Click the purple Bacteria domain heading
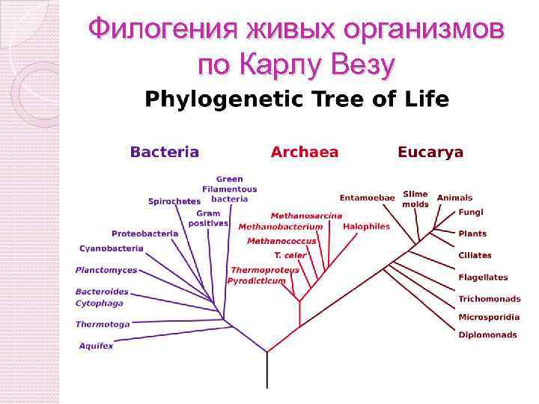[165, 152]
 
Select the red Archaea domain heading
[304, 152]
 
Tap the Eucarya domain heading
[430, 152]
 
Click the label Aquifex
[96, 346]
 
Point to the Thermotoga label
[103, 324]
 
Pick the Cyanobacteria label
[111, 248]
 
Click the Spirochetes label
[174, 201]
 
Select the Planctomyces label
[106, 269]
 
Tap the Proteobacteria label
[145, 233]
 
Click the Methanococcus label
[281, 241]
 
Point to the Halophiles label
[366, 226]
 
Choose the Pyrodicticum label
[257, 281]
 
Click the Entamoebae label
[367, 198]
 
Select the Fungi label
[466, 212]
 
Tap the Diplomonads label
[487, 335]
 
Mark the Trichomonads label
[489, 299]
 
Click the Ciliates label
[475, 255]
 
